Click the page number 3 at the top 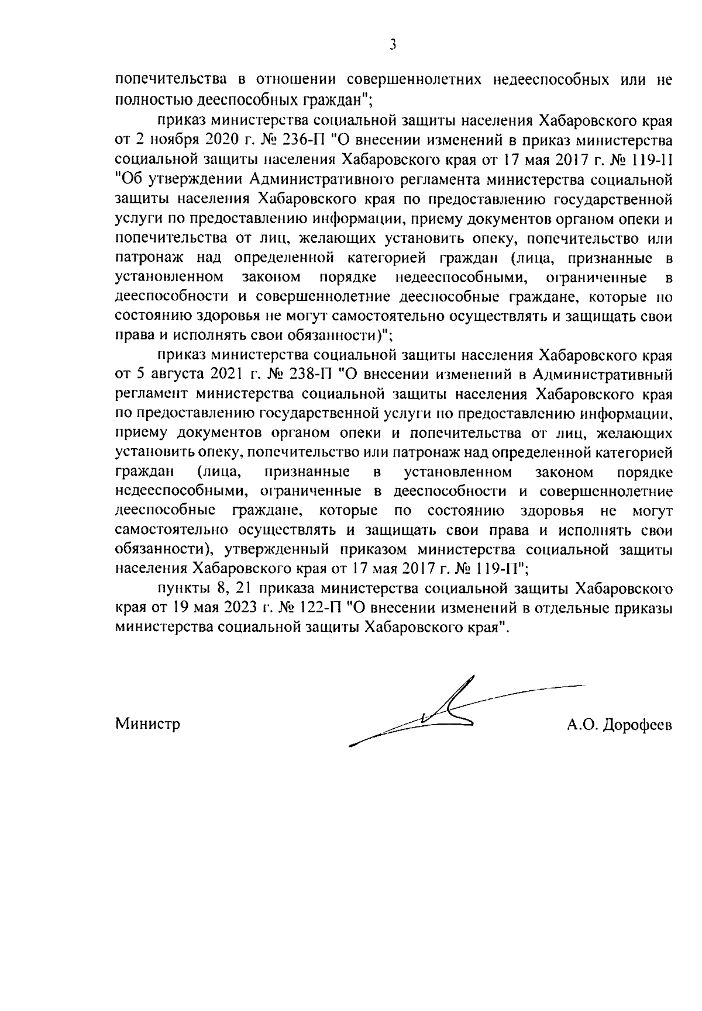click(x=393, y=45)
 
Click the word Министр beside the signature click(x=147, y=725)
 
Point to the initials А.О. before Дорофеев click(x=580, y=725)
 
